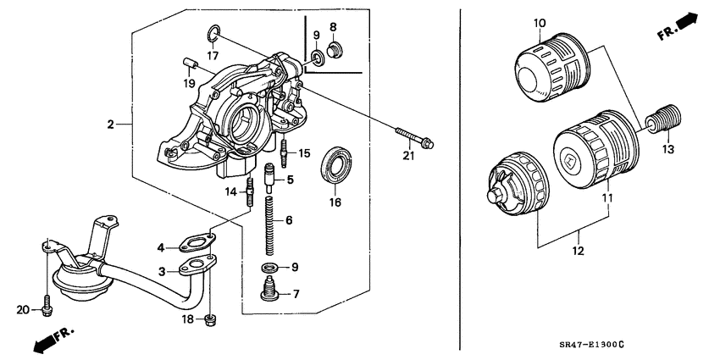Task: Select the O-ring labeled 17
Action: click(x=213, y=34)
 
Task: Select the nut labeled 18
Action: click(x=212, y=319)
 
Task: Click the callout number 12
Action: click(x=579, y=252)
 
